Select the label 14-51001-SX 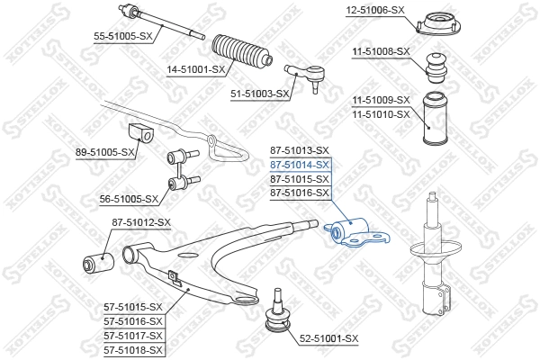pos(194,67)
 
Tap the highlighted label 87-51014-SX pos(301,166)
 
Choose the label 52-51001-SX pos(328,338)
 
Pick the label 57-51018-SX pos(133,348)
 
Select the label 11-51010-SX pos(381,114)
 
